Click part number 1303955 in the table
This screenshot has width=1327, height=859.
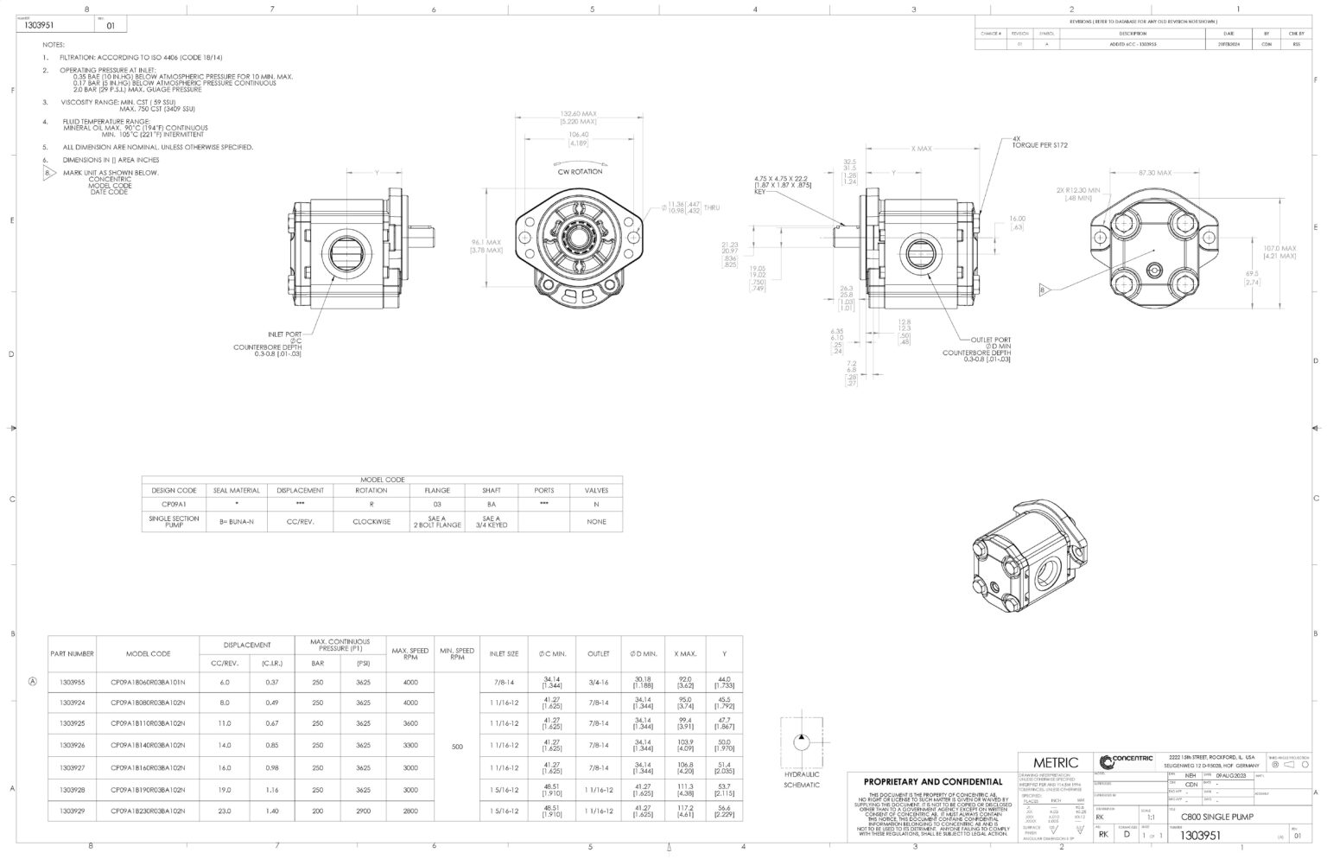point(72,682)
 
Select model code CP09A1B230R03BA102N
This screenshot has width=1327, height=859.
point(148,811)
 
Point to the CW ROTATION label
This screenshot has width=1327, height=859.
point(580,172)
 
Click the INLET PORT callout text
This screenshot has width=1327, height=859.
point(284,334)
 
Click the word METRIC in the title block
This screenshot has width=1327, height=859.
point(1056,762)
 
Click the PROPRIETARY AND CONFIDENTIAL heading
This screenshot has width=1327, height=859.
point(933,781)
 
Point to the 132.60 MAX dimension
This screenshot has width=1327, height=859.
point(578,113)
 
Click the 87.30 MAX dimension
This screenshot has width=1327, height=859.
point(1155,173)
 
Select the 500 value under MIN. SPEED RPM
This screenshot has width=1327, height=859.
point(457,747)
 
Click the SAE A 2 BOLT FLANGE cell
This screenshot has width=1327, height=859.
point(437,522)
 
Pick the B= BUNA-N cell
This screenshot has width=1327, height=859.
point(236,522)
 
